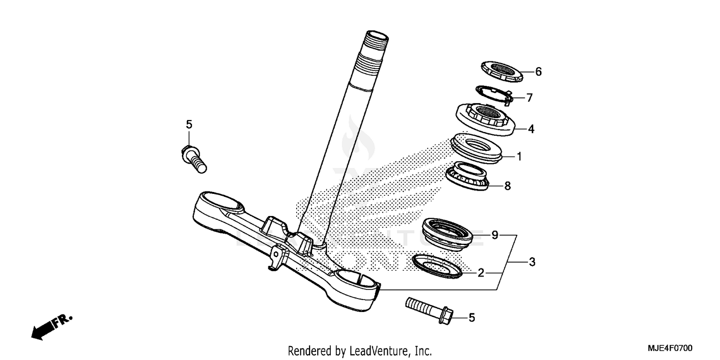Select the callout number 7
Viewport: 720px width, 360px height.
(x=529, y=98)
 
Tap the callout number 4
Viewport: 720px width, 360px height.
(x=531, y=129)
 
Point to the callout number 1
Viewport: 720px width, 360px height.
(x=519, y=156)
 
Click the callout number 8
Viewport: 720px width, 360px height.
(x=507, y=186)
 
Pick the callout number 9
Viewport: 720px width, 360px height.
(x=495, y=235)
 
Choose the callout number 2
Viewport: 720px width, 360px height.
(x=480, y=273)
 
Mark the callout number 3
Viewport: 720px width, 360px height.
(x=532, y=262)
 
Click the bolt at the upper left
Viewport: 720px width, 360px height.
(x=193, y=158)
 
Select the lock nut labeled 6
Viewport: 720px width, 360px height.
(x=501, y=72)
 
